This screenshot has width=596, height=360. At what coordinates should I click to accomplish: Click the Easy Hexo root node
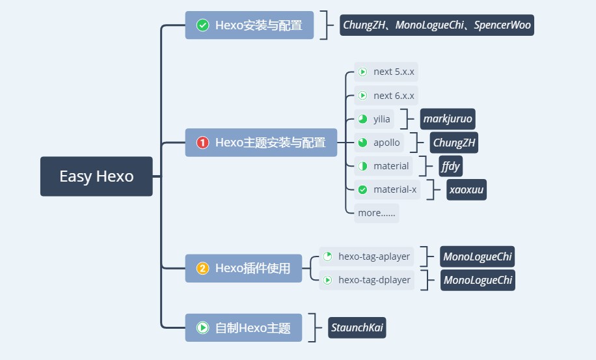tap(96, 176)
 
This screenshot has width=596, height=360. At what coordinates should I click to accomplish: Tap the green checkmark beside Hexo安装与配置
tap(202, 25)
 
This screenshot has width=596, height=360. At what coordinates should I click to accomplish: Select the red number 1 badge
tap(202, 143)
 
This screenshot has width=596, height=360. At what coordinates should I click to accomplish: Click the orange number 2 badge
tap(202, 268)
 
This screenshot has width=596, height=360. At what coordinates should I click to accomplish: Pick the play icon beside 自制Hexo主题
tap(202, 327)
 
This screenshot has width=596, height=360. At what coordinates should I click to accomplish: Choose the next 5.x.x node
tap(386, 72)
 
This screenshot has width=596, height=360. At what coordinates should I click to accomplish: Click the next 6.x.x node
tap(386, 96)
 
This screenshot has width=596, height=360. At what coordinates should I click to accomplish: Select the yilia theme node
tap(374, 119)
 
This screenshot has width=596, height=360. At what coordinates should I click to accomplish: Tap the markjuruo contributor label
tap(448, 119)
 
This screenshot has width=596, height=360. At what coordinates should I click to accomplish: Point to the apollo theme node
tap(379, 143)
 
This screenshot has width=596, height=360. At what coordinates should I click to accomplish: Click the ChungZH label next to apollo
tap(454, 143)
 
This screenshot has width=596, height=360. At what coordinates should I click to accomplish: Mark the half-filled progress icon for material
tap(362, 166)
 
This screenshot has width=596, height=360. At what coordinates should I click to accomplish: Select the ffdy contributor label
tap(451, 166)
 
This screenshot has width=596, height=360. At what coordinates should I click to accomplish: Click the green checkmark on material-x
tap(362, 189)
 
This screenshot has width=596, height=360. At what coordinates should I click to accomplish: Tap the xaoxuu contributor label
tap(467, 189)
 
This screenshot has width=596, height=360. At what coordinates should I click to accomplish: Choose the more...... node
tap(377, 213)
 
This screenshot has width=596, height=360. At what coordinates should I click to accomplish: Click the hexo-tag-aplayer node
tap(366, 256)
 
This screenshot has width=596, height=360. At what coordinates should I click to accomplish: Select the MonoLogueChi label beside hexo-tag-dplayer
tap(478, 280)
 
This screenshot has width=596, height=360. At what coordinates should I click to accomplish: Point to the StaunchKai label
tap(357, 327)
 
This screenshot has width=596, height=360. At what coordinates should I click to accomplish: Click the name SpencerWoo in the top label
tap(502, 25)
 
